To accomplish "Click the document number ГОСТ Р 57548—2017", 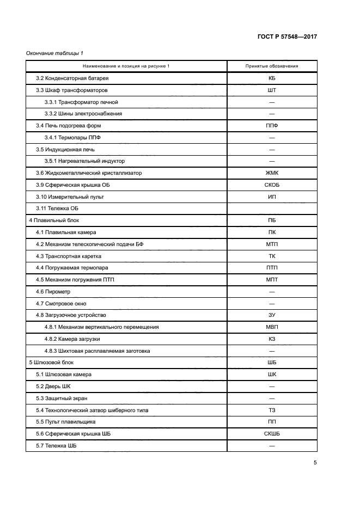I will click(x=286, y=36).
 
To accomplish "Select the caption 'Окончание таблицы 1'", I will click(x=54, y=53).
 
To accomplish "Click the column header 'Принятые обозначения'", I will click(x=271, y=66).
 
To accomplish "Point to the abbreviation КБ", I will click(x=271, y=78).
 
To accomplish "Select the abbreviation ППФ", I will click(x=271, y=126).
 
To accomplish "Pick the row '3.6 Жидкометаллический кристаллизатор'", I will click(x=89, y=173).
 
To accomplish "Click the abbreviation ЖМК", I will click(x=271, y=173).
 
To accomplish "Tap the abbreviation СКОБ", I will click(x=271, y=185).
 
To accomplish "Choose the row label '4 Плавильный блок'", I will click(x=54, y=220).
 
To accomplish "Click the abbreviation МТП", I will click(x=271, y=244).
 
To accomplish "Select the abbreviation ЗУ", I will click(x=271, y=315).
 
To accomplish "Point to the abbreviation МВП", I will click(x=271, y=327).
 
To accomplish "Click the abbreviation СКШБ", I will click(x=271, y=434).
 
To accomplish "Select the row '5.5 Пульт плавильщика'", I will click(x=66, y=422).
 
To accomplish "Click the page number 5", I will click(x=315, y=463).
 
